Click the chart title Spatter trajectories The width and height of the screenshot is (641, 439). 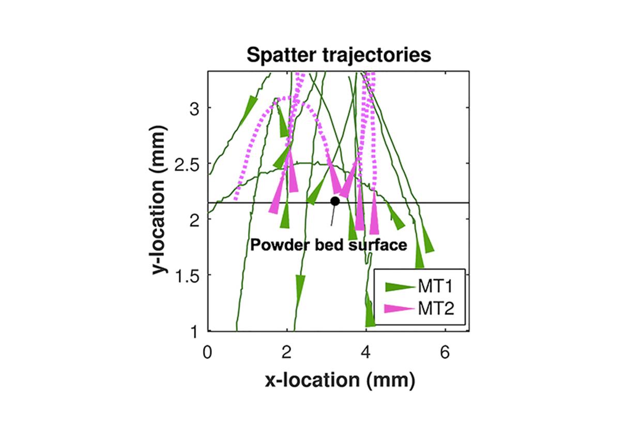tap(339, 55)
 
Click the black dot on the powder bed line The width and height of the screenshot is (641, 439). tap(335, 201)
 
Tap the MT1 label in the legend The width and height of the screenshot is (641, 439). tap(435, 286)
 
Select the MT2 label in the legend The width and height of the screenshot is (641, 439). tap(436, 308)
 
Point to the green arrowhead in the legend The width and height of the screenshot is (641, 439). tap(400, 287)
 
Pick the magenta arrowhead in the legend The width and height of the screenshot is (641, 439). tap(400, 309)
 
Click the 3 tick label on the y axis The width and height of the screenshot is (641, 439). tap(194, 108)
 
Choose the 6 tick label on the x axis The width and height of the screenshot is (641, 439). tap(445, 352)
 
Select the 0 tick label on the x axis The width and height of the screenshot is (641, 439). tap(207, 352)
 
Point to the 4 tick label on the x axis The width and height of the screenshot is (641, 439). tap(365, 352)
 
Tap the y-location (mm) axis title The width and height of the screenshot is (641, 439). tap(158, 200)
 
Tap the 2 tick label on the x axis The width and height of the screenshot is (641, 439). tap(286, 352)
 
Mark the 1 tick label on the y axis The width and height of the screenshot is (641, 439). tap(195, 332)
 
